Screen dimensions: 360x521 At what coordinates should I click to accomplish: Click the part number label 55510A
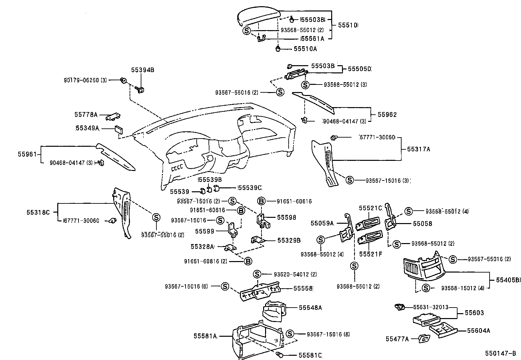tap(305, 49)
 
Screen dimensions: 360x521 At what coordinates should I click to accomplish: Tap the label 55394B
tap(142, 70)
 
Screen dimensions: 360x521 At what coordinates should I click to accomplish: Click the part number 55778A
tap(86, 115)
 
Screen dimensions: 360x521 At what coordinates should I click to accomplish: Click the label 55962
tap(387, 115)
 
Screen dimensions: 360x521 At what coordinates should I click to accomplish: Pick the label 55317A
tap(418, 149)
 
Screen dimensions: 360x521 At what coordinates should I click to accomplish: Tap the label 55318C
tap(38, 212)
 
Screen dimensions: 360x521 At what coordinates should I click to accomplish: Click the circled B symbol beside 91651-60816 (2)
tap(248, 261)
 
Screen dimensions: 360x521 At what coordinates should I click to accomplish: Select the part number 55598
tap(286, 217)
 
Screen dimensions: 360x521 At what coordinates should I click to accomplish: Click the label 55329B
tap(289, 240)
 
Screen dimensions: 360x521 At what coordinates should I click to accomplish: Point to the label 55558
tap(303, 288)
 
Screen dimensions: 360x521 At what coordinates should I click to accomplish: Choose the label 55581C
tap(310, 355)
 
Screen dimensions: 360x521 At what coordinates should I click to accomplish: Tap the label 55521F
tap(370, 254)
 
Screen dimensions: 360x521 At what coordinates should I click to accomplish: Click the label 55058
tap(422, 224)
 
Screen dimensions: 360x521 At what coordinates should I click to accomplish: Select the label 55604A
tap(478, 331)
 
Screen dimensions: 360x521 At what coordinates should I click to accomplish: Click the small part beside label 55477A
tap(424, 339)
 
